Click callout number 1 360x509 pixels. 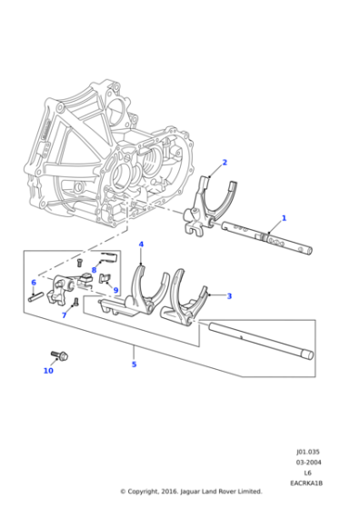point(284,218)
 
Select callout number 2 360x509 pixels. point(225,163)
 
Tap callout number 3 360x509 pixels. point(229,295)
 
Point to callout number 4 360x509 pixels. point(141,245)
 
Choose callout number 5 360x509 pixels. point(134,364)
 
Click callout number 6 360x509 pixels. point(34,282)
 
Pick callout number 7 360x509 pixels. point(65,315)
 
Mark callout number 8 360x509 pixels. point(94,270)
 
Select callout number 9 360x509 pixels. point(115,290)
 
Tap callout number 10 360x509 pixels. point(48,370)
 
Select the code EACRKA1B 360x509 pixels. point(306,483)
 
